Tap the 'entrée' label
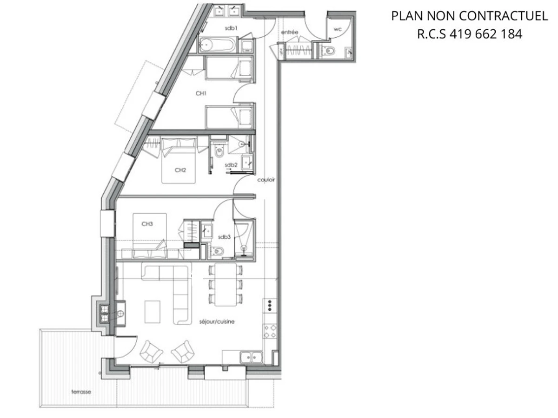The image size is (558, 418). [290, 32]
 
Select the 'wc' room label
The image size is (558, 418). [338, 29]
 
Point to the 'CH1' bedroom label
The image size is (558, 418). [201, 93]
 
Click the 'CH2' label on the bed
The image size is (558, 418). [180, 170]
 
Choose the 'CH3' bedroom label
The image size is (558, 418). [147, 223]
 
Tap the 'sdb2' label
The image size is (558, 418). [231, 165]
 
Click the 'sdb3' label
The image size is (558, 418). [224, 237]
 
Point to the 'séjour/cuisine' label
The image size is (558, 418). [217, 321]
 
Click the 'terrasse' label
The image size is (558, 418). [81, 392]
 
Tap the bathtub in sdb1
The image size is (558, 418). [218, 45]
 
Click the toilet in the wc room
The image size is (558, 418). [330, 51]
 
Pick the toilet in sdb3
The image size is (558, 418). [217, 251]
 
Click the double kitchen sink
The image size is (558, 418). [251, 357]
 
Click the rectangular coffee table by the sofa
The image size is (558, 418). [153, 311]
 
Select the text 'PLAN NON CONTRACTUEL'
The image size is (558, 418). [469, 16]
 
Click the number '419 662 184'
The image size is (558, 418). [486, 34]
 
